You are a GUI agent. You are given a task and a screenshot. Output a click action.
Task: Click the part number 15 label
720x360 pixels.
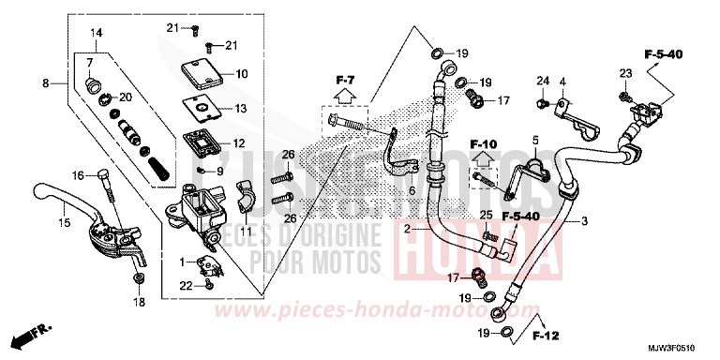[64, 222]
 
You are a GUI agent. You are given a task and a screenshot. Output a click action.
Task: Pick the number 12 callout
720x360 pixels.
[239, 143]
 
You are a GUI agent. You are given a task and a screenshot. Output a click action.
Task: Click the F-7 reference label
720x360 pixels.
[345, 77]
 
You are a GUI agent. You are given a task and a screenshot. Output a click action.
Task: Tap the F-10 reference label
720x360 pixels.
[483, 143]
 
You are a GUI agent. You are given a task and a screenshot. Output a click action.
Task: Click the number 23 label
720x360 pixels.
[625, 73]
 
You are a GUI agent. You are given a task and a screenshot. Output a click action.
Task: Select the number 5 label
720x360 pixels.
[535, 140]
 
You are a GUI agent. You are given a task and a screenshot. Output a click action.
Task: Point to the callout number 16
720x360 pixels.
[78, 174]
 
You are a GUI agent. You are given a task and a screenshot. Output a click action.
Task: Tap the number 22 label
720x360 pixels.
[186, 284]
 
